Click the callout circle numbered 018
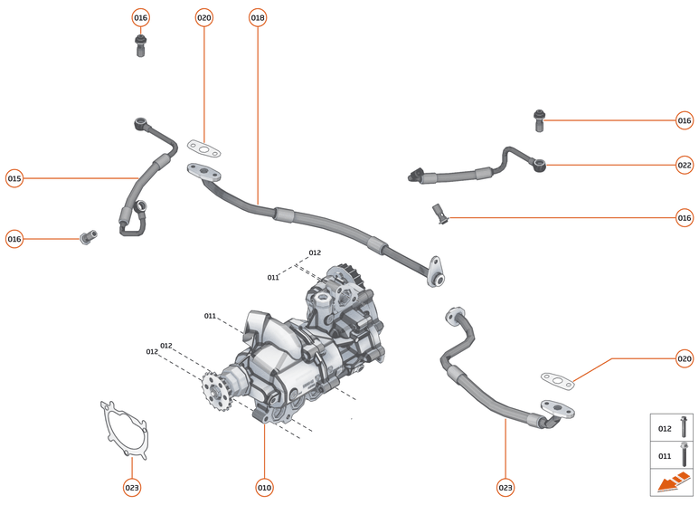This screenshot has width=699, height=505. (258, 18)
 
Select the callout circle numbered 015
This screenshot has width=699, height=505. (14, 178)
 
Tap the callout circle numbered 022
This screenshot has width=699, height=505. (685, 165)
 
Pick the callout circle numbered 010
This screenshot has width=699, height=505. (264, 487)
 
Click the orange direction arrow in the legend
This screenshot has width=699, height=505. (672, 483)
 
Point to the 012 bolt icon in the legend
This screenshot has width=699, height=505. (683, 428)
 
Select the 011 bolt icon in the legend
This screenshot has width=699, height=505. (683, 455)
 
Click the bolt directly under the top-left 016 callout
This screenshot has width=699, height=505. (140, 46)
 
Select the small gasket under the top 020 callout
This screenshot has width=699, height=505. (205, 147)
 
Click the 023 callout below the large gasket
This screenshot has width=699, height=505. (132, 487)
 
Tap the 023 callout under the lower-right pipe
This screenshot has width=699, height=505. (505, 487)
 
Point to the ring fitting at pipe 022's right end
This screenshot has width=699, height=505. (541, 166)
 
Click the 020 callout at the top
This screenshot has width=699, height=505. (204, 18)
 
